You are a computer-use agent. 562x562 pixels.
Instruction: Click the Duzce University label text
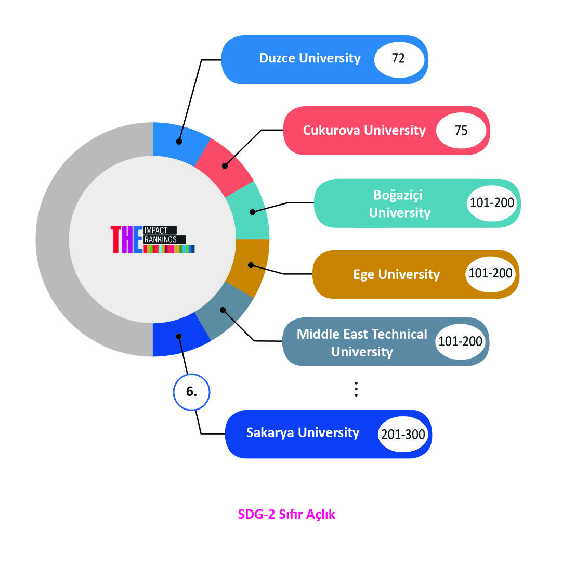click(x=309, y=58)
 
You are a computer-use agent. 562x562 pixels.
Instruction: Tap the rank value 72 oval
click(x=398, y=59)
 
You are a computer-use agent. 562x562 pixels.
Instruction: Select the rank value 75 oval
click(x=461, y=130)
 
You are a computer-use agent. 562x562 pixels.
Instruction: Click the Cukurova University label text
click(x=364, y=130)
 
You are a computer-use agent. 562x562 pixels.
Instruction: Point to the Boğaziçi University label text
click(x=399, y=203)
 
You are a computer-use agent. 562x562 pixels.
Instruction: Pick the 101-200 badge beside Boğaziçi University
click(x=491, y=202)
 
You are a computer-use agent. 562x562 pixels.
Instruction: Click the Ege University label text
click(x=396, y=274)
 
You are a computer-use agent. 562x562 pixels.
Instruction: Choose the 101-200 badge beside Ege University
click(x=490, y=273)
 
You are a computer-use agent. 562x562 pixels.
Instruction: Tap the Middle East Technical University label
click(x=362, y=342)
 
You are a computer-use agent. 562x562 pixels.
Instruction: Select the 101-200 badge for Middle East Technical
click(x=460, y=342)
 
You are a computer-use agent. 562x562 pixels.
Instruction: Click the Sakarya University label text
click(x=303, y=433)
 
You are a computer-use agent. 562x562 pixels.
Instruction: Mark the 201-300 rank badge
click(x=403, y=434)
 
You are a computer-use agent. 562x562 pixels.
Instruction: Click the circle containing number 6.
click(x=191, y=392)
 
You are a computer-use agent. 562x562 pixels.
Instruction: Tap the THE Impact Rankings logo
click(x=152, y=239)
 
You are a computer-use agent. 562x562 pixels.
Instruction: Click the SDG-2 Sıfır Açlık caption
click(x=286, y=515)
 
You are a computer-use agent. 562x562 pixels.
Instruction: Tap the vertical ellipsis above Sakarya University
click(x=356, y=389)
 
